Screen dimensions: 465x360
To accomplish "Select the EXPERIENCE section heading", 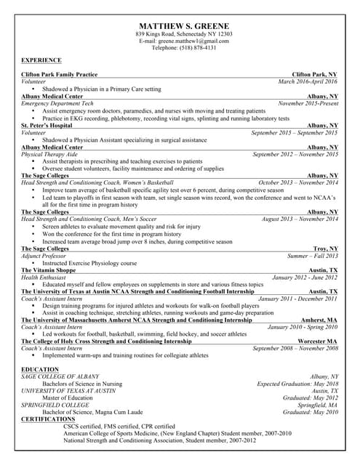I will [x=41, y=60].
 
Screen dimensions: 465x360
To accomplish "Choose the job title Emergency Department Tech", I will [x=57, y=103].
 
